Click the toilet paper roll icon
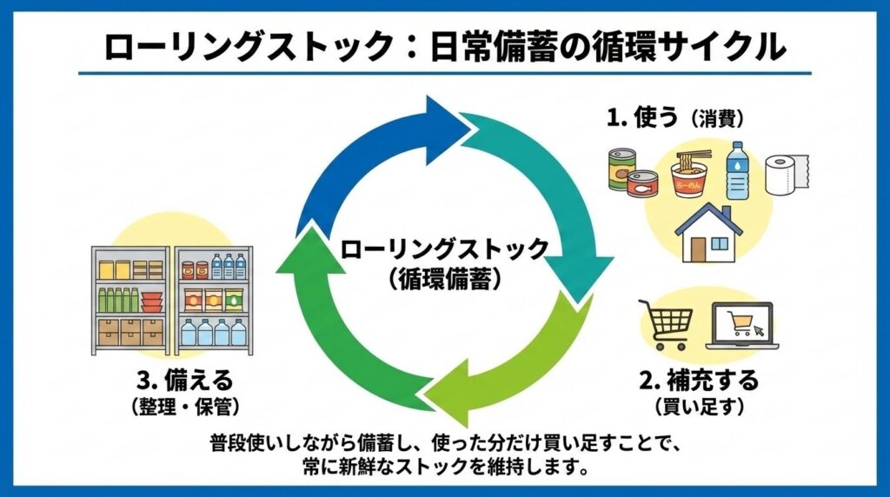[x=786, y=175]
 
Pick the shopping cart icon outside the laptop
[x=666, y=324]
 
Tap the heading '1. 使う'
[x=642, y=117]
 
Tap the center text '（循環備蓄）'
[x=444, y=278]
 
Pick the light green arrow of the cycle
[x=530, y=365]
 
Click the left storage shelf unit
[x=130, y=300]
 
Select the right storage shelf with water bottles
[x=214, y=300]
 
